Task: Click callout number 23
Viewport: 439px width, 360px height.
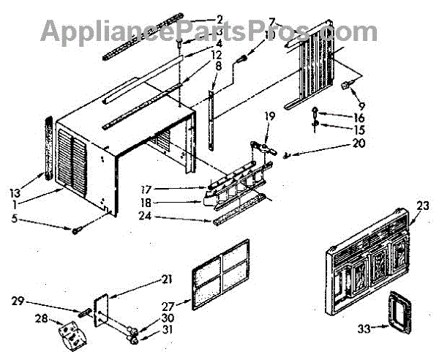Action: tap(421, 206)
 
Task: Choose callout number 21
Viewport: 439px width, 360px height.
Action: tap(168, 279)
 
